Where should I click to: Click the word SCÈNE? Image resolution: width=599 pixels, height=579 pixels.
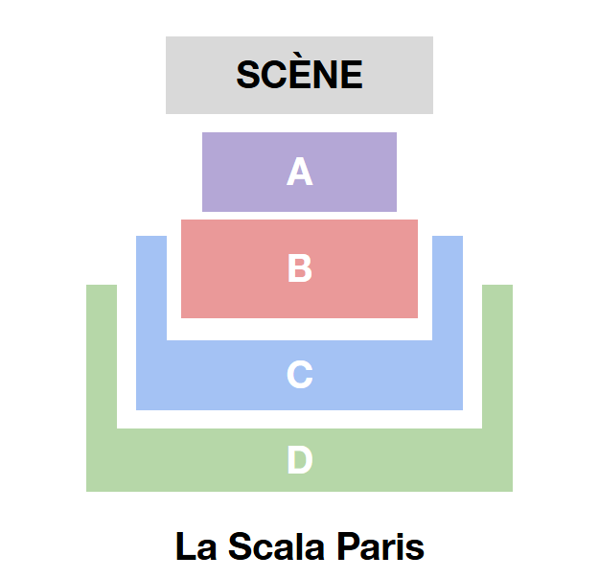tap(299, 75)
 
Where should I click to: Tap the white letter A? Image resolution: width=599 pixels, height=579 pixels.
tap(300, 173)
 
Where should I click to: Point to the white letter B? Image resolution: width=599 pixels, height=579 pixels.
tap(300, 268)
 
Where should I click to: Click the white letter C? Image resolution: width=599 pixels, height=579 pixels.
tap(300, 375)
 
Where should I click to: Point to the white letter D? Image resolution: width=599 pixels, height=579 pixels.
tap(300, 461)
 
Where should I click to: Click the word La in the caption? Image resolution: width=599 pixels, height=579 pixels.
tap(194, 547)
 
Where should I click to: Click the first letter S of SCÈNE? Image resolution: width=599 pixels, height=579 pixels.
tap(248, 75)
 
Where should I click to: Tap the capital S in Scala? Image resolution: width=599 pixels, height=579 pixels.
tap(240, 547)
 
